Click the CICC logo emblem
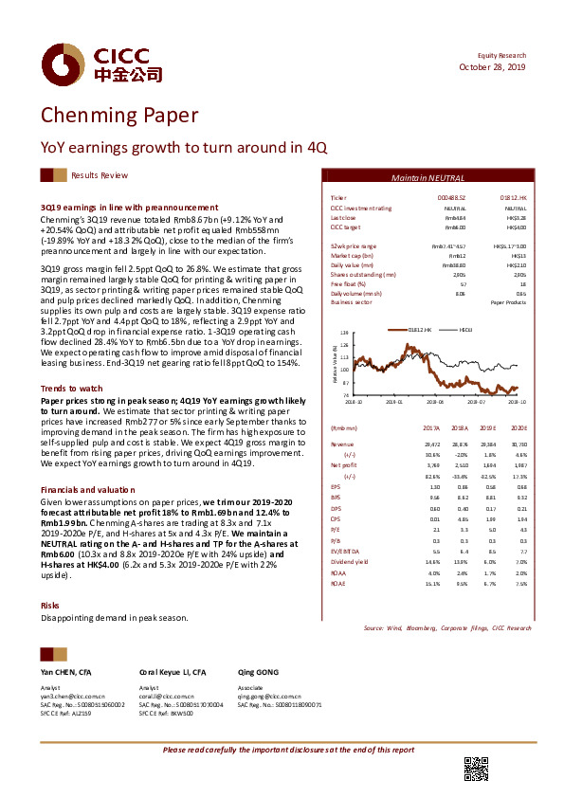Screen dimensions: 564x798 coord(57,63)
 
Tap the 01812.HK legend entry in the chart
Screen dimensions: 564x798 coord(419,329)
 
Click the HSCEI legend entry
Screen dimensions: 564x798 coord(467,329)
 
